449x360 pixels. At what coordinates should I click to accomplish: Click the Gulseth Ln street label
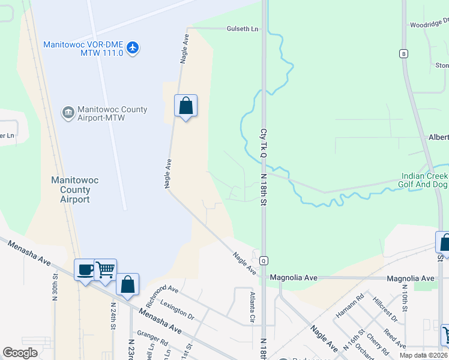(242, 28)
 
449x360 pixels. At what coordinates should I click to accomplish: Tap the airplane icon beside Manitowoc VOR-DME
(133, 48)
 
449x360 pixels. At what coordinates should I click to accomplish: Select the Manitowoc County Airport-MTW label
(113, 113)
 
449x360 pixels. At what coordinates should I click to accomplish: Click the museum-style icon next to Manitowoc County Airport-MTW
(68, 112)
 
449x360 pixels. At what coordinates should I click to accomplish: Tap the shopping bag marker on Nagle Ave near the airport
(186, 106)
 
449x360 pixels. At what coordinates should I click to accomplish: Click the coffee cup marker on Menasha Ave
(85, 269)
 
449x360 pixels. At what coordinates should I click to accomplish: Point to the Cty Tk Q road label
(263, 143)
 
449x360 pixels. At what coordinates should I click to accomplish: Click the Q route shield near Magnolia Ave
(263, 260)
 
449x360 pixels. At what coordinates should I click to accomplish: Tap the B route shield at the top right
(404, 54)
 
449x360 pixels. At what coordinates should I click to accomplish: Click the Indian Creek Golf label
(424, 180)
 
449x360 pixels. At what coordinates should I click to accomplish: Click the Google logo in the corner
(20, 353)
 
